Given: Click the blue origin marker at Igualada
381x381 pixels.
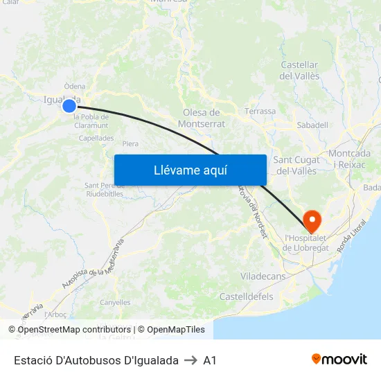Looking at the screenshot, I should (x=69, y=106).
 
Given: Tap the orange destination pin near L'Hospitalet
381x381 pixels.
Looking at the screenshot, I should (x=312, y=222).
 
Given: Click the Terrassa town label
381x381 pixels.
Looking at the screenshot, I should (x=260, y=111).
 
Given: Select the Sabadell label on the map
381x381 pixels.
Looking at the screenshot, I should (x=312, y=125).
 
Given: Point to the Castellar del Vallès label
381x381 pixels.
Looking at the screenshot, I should (x=299, y=71).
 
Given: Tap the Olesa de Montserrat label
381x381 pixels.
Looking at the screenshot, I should (x=202, y=118).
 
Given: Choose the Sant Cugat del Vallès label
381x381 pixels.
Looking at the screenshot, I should (x=297, y=166).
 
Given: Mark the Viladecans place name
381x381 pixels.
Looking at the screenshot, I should (x=263, y=276).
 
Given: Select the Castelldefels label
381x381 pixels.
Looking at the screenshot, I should (x=246, y=296).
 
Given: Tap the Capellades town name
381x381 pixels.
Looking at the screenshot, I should (x=96, y=138).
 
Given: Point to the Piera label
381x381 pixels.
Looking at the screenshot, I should (x=130, y=144).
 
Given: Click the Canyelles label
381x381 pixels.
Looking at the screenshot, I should (x=115, y=302).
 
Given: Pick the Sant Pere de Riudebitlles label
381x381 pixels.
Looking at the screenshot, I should (x=104, y=190).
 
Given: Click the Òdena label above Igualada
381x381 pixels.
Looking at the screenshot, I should (x=75, y=87).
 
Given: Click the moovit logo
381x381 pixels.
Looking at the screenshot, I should (x=339, y=360).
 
